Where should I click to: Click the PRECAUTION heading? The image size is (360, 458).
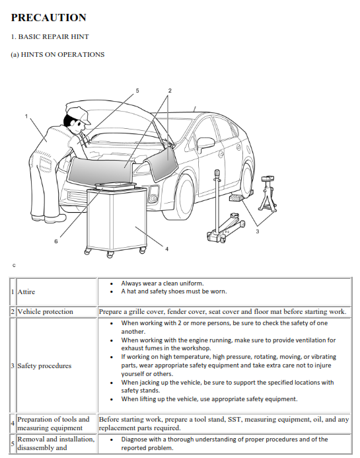point(48,18)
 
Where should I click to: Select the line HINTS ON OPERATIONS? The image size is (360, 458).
point(57,54)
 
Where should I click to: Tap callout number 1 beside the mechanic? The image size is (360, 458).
point(27,116)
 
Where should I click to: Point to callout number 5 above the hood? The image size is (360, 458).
point(137,90)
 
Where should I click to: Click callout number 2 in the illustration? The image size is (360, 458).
point(170,90)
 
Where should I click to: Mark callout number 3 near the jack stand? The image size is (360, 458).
point(257,231)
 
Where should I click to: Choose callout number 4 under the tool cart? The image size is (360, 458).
point(166,248)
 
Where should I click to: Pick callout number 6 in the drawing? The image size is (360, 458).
point(56,242)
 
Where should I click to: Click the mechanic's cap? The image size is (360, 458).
point(77,112)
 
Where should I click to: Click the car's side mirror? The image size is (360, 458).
point(206,143)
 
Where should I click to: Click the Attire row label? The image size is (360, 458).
point(26,291)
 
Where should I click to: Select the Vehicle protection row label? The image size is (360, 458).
point(46,311)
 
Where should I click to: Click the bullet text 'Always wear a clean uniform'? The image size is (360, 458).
point(162,283)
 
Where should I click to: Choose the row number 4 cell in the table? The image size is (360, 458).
point(13,424)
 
